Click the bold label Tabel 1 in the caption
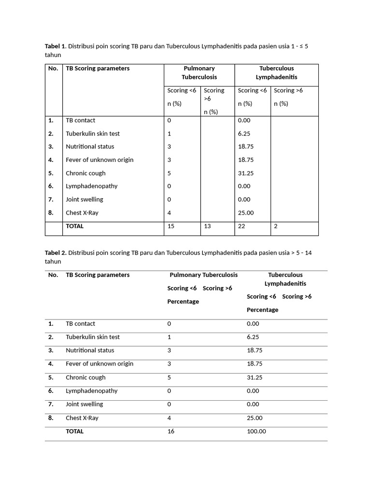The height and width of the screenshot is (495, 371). (x=55, y=46)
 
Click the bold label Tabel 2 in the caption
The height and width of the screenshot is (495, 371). (x=55, y=253)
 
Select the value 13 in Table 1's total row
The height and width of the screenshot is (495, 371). (x=208, y=226)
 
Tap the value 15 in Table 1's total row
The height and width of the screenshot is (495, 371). (x=171, y=226)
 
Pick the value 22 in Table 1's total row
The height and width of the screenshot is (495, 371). (x=242, y=226)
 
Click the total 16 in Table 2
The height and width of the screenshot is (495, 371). (x=171, y=431)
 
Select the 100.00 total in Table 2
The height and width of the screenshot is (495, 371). (x=256, y=431)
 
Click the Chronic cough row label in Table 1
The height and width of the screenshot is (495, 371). (x=86, y=173)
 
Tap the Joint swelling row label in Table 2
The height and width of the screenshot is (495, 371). (x=85, y=404)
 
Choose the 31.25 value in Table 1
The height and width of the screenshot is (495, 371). (x=246, y=173)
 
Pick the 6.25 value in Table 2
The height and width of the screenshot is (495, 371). (x=253, y=337)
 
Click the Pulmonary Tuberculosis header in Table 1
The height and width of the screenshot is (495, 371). (x=199, y=73)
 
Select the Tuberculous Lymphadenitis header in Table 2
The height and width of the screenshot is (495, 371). (x=285, y=279)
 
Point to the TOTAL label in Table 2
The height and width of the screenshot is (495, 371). (x=74, y=431)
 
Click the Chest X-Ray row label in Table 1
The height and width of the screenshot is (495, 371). (x=82, y=213)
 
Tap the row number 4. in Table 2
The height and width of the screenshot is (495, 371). (x=51, y=364)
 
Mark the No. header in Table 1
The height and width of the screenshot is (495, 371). (x=53, y=68)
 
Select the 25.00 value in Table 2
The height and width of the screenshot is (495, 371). (x=255, y=418)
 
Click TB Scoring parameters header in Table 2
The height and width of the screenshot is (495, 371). (x=98, y=275)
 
